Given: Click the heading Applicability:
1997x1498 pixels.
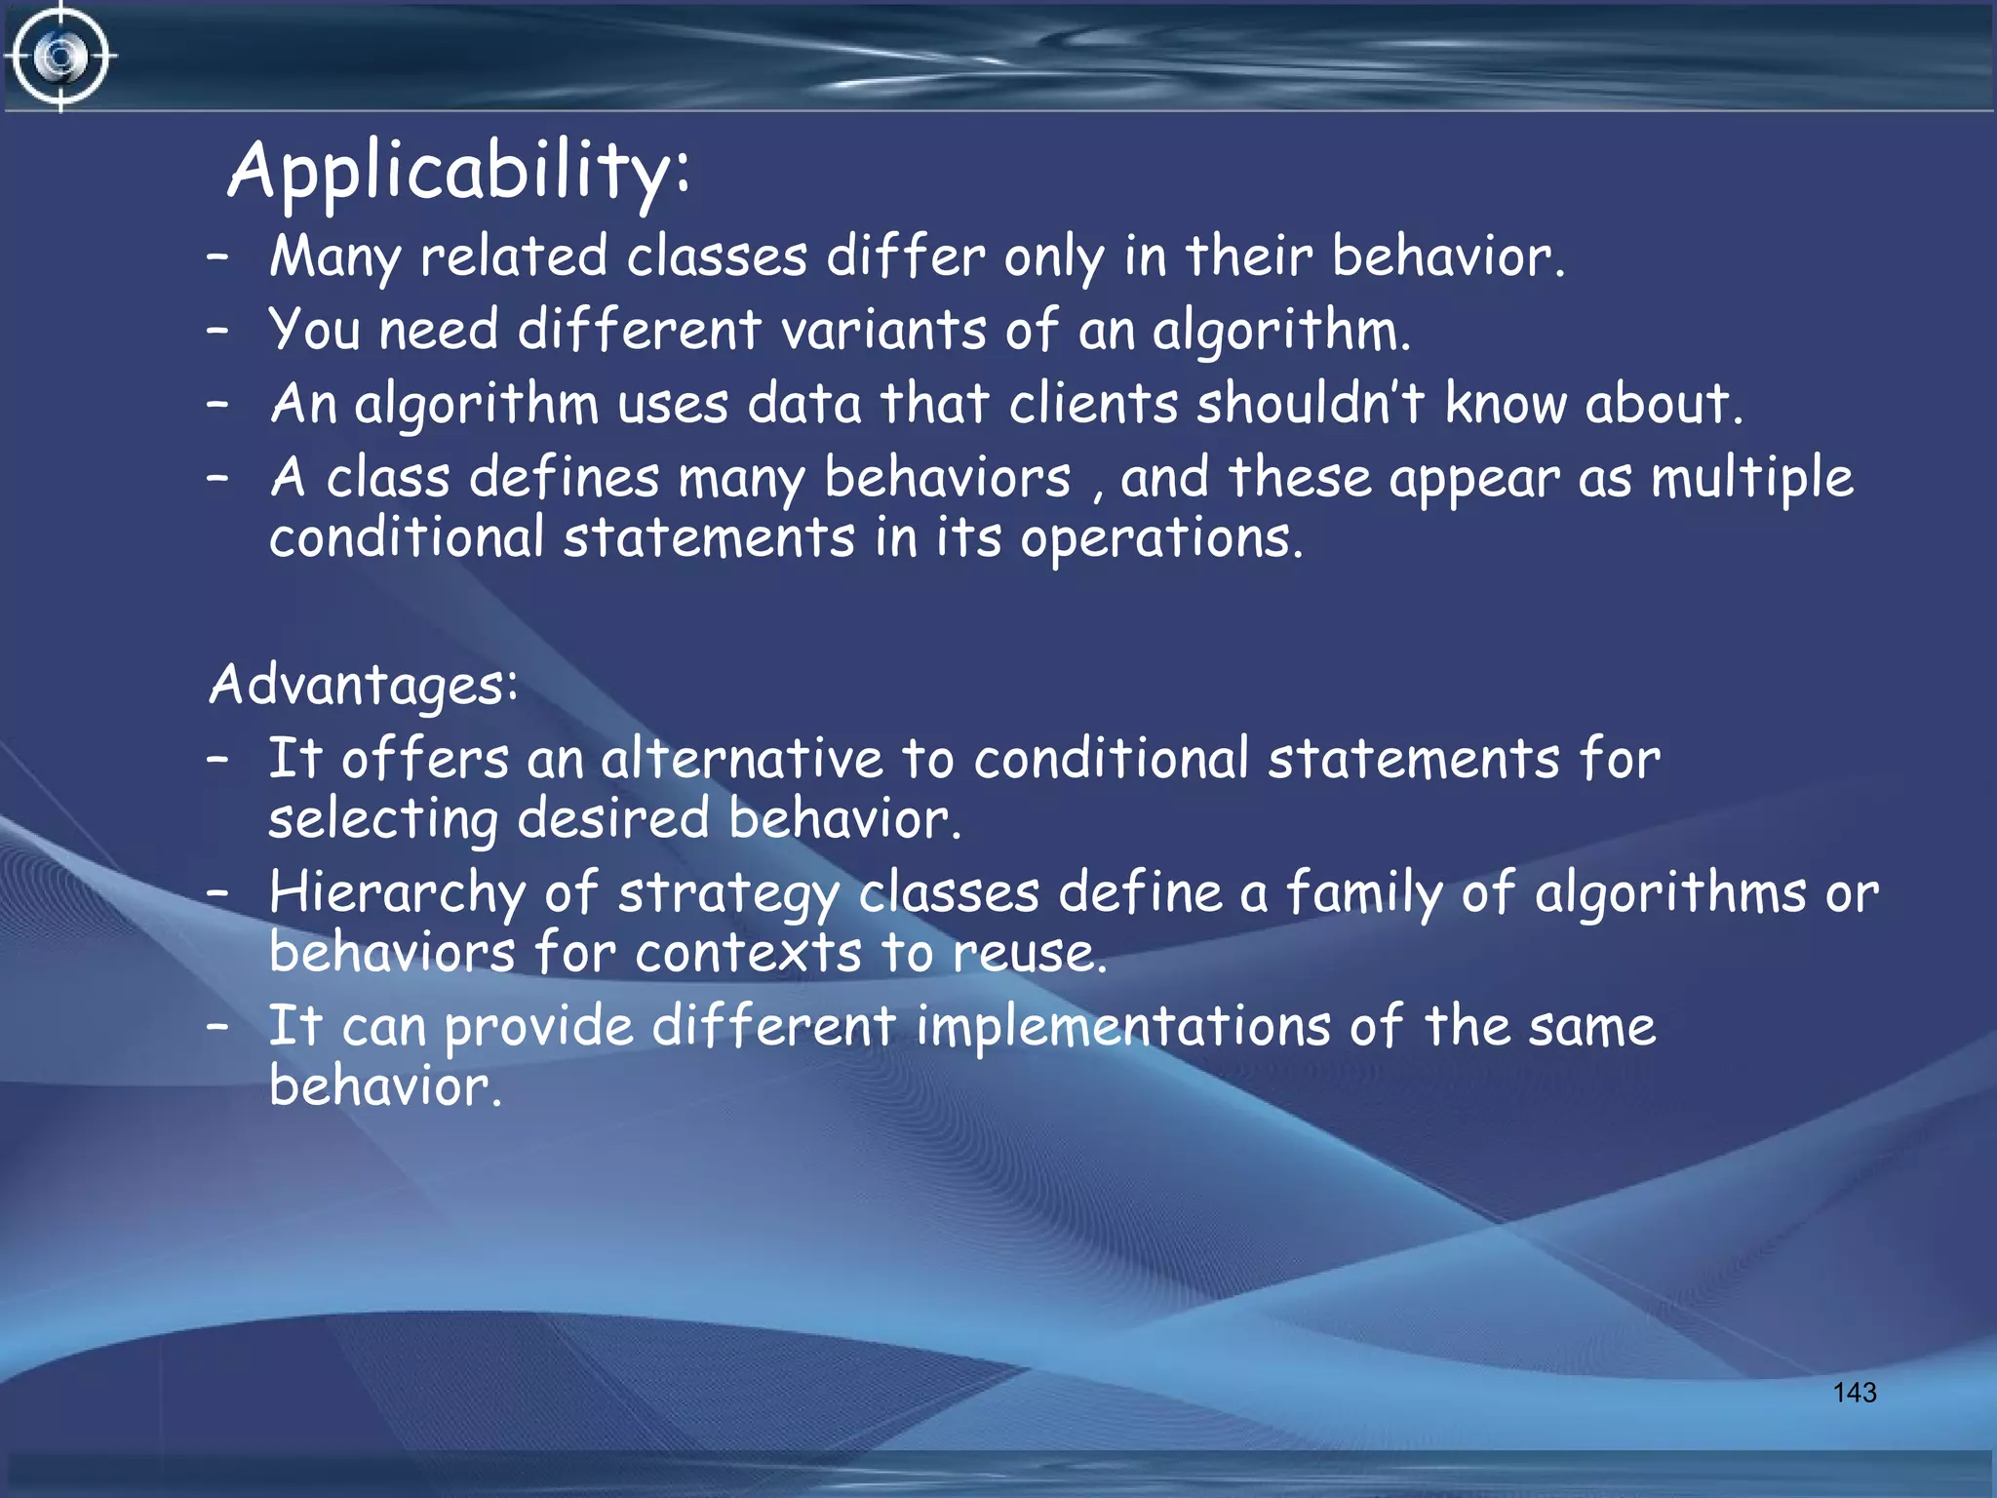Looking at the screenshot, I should pyautogui.click(x=459, y=170).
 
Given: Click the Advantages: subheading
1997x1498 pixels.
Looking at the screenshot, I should pyautogui.click(x=364, y=684).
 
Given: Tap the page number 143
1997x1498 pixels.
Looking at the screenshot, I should pyautogui.click(x=1854, y=1392).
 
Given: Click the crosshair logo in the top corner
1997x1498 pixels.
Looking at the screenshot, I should pyautogui.click(x=60, y=57).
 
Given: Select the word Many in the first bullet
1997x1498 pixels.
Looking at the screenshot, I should pyautogui.click(x=334, y=257).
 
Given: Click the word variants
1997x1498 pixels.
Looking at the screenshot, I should pyautogui.click(x=883, y=330).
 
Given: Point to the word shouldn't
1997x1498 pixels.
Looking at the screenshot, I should pyautogui.click(x=1311, y=403).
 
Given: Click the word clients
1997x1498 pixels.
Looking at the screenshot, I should pyautogui.click(x=1093, y=403).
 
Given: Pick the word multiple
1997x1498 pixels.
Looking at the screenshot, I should pyautogui.click(x=1751, y=478).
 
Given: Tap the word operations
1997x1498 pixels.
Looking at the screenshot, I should pyautogui.click(x=1159, y=538).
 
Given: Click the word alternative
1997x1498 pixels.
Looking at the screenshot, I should pyautogui.click(x=741, y=759).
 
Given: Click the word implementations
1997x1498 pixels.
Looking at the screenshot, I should pyautogui.click(x=1122, y=1027).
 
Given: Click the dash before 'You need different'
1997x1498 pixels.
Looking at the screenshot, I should pyautogui.click(x=217, y=330).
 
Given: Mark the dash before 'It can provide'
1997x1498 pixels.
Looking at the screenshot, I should pyautogui.click(x=217, y=1026).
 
